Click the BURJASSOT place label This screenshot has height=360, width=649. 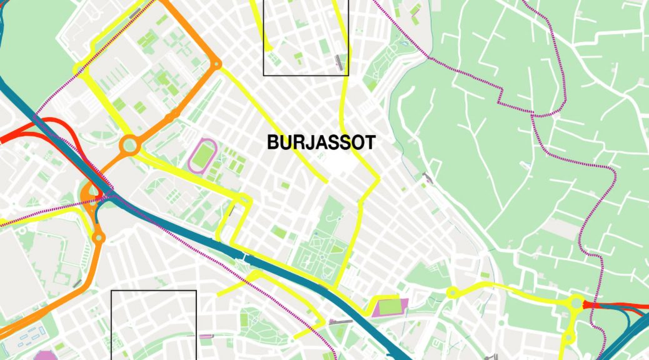321,143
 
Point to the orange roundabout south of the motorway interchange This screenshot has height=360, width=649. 98,237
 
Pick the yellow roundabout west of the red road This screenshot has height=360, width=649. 575,303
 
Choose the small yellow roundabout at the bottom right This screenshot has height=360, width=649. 569,337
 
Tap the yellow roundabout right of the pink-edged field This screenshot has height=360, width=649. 451,292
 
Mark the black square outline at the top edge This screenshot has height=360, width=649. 306,37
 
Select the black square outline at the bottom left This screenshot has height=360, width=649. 154,324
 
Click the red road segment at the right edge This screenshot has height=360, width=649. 619,306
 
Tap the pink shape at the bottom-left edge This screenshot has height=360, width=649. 44,356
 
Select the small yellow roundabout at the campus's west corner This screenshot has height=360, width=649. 78,68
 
